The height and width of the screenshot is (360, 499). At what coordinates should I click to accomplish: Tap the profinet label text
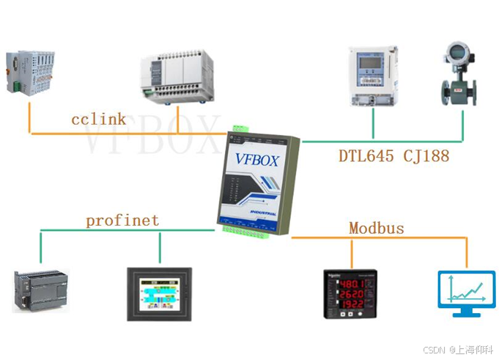click(122, 220)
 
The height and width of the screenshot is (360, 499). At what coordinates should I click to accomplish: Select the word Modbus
click(376, 228)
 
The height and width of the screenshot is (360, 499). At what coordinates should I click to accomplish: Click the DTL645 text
click(367, 155)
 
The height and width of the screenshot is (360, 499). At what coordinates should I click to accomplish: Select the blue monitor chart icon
click(465, 293)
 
